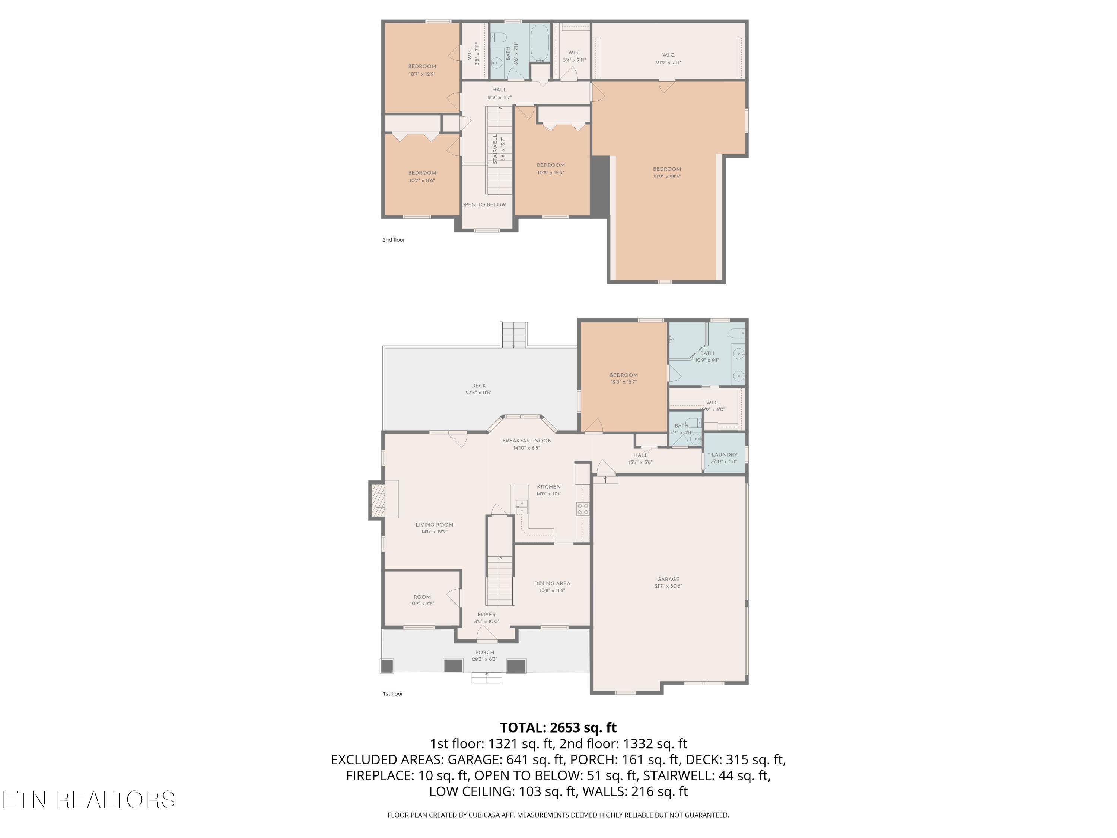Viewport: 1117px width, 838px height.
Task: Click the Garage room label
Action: [x=668, y=580]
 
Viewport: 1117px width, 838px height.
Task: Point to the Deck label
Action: [x=478, y=385]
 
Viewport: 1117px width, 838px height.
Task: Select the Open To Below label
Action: [x=483, y=204]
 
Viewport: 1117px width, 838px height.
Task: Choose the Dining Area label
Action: [x=551, y=583]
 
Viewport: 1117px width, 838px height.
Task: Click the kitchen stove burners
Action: [x=582, y=509]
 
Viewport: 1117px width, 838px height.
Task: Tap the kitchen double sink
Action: [x=521, y=507]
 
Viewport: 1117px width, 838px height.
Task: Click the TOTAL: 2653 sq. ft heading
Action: [x=558, y=727]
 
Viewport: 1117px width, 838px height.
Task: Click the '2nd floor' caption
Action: [x=394, y=240]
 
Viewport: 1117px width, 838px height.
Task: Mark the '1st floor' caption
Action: [x=392, y=693]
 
